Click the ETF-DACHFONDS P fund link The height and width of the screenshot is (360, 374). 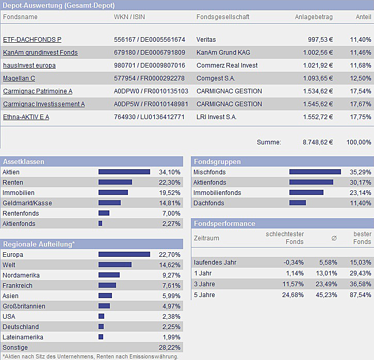[32, 40]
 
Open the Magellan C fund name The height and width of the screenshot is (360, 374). [19, 78]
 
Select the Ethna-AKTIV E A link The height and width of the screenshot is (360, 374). [26, 117]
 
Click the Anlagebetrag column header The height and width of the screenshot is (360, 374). [314, 17]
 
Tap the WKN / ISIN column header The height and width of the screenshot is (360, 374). [129, 17]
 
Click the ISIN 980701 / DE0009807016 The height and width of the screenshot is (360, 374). [149, 66]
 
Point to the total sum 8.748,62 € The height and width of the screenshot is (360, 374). [318, 142]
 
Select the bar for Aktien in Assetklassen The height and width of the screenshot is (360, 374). [124, 172]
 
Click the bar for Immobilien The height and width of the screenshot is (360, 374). [113, 193]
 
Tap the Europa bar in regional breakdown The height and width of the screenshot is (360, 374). [124, 255]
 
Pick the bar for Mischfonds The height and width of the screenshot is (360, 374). [315, 172]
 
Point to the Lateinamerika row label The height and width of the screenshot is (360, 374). [23, 337]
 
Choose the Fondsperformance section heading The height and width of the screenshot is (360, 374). [224, 223]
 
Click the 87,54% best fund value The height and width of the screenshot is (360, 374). [360, 295]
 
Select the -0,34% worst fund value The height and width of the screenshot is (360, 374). [293, 263]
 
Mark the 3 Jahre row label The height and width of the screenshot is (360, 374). [205, 284]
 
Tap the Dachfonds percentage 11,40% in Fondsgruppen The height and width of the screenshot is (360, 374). [360, 203]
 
